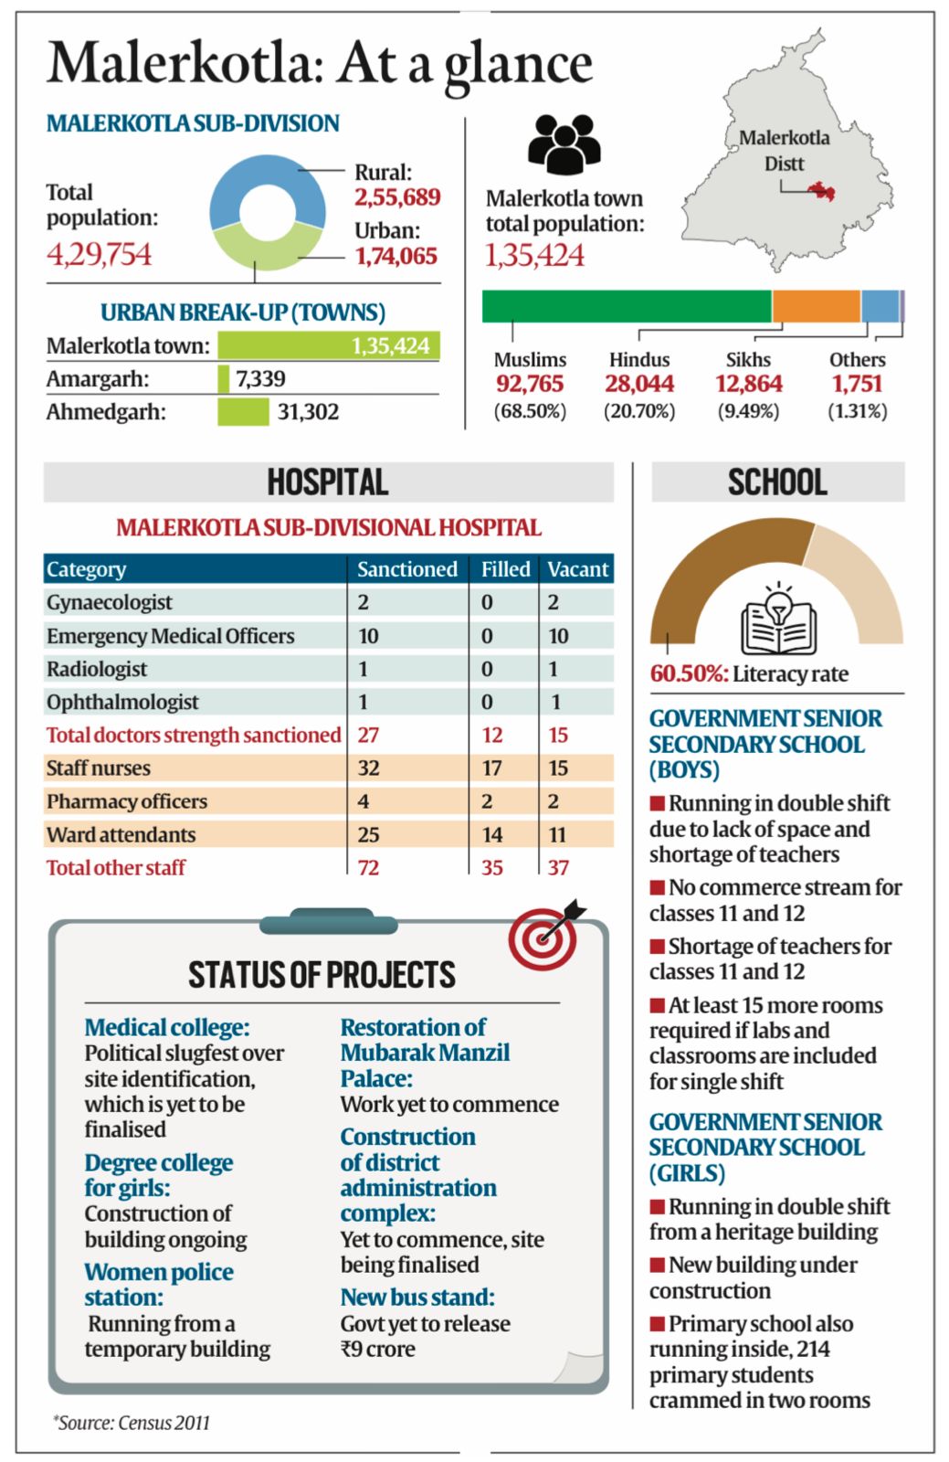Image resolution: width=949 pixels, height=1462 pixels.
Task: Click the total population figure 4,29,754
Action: [99, 254]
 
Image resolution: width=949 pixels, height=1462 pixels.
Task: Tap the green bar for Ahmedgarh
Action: [243, 412]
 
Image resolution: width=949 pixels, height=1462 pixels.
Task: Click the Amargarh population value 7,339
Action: [260, 378]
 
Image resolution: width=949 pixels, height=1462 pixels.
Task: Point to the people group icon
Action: [564, 144]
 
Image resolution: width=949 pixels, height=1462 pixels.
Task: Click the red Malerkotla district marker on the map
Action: [822, 190]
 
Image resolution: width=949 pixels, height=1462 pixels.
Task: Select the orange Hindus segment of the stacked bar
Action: [816, 306]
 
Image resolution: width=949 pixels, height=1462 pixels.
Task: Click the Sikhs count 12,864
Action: [748, 384]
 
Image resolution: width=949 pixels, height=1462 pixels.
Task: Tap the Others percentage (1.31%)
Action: [857, 411]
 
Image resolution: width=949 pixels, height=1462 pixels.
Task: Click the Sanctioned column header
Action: [406, 569]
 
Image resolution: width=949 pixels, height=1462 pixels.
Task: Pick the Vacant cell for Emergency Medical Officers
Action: [558, 636]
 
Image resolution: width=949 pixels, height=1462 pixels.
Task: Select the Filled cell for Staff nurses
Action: [491, 768]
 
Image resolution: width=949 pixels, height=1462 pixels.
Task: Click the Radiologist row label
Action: [97, 669]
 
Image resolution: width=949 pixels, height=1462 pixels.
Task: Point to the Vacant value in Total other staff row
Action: [558, 867]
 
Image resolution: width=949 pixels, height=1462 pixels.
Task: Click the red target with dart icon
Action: [546, 935]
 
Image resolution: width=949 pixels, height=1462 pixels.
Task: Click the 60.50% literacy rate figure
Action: [688, 674]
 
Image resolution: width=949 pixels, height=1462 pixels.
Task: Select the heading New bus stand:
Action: [417, 1298]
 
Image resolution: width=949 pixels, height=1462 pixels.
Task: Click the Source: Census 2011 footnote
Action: [132, 1423]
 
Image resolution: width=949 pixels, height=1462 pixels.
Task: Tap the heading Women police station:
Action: [158, 1285]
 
